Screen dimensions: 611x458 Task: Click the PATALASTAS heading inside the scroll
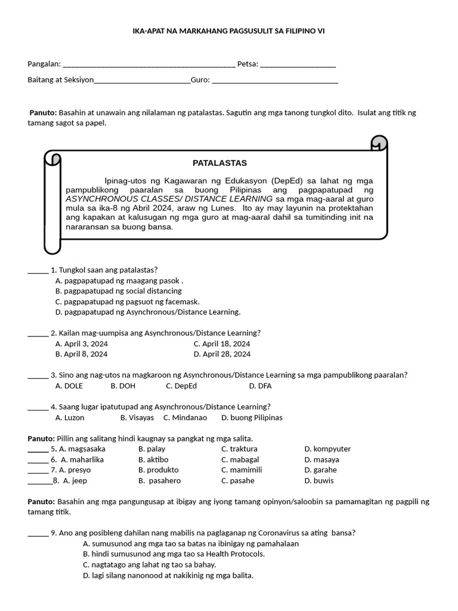[219, 163]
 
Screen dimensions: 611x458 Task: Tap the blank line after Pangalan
[149, 65]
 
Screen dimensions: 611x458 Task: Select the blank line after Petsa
[298, 65]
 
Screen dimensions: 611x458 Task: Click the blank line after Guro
[275, 81]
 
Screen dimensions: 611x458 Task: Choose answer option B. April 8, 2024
[81, 354]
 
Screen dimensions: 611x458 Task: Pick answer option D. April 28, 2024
[222, 354]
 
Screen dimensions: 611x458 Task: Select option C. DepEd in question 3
[181, 386]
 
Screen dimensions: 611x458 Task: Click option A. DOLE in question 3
[69, 386]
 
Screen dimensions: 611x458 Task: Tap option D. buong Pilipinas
[252, 418]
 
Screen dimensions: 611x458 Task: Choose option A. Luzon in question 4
[70, 418]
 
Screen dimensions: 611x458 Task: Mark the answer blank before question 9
[38, 533]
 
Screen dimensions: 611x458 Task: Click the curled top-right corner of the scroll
[379, 143]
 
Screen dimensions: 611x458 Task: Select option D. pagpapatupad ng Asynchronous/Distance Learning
[148, 311]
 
